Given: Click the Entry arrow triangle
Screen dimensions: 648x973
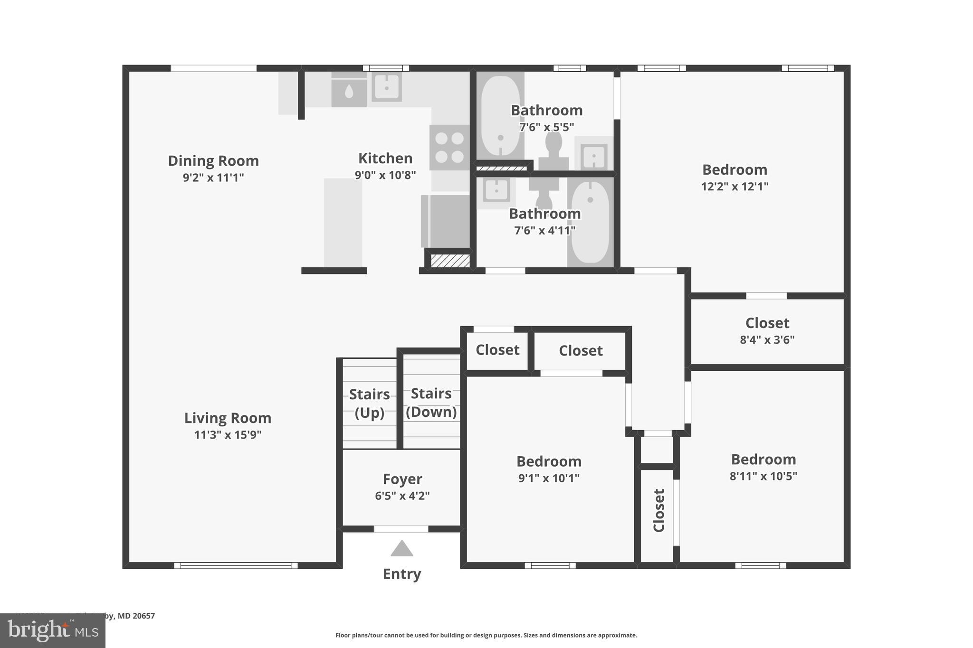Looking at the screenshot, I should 402,549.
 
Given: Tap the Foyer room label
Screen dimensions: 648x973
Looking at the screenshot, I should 402,479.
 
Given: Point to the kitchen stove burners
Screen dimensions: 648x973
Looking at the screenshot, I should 449,147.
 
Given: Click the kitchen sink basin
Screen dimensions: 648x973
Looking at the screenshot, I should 387,87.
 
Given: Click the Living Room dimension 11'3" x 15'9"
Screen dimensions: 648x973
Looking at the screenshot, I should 228,435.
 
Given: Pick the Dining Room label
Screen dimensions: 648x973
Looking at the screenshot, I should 213,161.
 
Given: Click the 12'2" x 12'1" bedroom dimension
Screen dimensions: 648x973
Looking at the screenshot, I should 735,187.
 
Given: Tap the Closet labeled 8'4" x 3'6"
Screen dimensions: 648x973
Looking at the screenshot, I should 767,323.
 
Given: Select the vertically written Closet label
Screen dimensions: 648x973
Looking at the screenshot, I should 658,510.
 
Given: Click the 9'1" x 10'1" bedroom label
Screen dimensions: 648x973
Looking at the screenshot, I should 549,461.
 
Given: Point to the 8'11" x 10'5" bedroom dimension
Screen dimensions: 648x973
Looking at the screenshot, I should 763,476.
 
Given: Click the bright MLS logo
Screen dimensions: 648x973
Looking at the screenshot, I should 53,630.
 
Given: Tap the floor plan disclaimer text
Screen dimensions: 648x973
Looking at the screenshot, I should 486,635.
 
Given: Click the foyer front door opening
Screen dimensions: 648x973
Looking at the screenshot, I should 401,529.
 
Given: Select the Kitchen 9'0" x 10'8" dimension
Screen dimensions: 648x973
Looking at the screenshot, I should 385,175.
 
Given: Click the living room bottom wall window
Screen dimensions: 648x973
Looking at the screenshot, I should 236,565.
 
